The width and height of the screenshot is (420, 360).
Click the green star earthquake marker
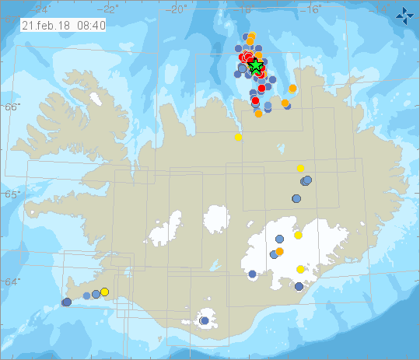click(x=256, y=67)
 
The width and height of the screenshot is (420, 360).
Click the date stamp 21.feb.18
click(x=43, y=25)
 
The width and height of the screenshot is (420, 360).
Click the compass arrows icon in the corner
click(x=404, y=14)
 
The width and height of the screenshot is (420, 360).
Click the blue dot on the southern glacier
click(x=205, y=320)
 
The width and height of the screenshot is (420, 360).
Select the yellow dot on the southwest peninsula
click(x=105, y=292)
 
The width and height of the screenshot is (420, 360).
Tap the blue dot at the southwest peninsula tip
click(x=67, y=302)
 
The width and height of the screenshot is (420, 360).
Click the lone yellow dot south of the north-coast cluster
click(x=238, y=137)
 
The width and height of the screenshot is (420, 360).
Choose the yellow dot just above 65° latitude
click(x=300, y=168)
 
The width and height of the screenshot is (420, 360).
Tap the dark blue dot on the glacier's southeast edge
click(x=299, y=286)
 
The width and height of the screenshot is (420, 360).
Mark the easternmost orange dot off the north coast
click(x=292, y=89)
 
